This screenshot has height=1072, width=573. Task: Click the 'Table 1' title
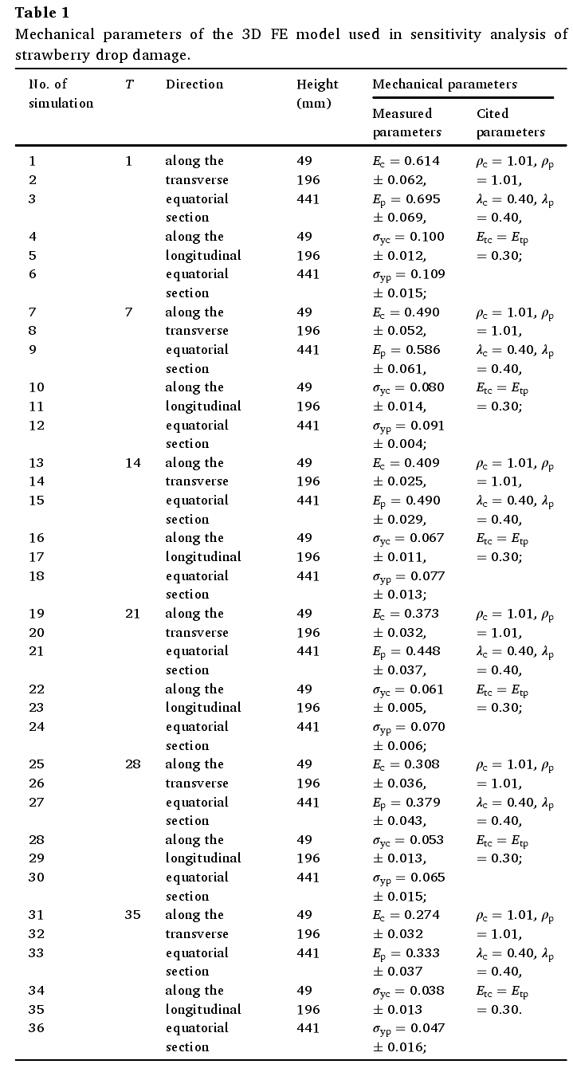[x=42, y=13]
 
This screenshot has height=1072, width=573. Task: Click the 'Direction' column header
[x=194, y=84]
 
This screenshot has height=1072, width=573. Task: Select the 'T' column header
[x=129, y=84]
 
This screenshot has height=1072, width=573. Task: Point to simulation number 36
[x=37, y=1028]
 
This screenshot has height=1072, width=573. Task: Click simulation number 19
[x=37, y=614]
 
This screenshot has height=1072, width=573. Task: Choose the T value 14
[x=133, y=463]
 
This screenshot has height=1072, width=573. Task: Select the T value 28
[x=133, y=764]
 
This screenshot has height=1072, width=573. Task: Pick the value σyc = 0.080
[x=408, y=388]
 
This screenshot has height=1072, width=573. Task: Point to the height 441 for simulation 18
[x=308, y=576]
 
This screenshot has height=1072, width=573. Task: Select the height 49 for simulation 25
[x=304, y=764]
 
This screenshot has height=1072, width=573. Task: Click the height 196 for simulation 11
[x=308, y=406]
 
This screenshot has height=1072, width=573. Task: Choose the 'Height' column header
[x=317, y=84]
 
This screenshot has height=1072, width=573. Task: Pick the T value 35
[x=133, y=915]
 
